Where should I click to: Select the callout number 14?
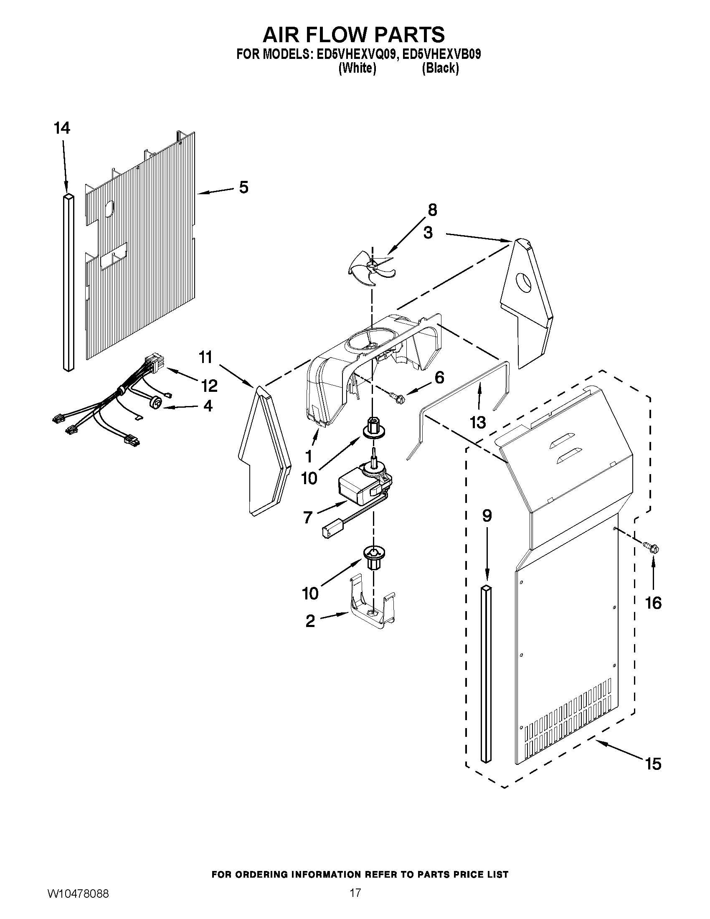coord(62,128)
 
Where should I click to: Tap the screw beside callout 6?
coord(396,395)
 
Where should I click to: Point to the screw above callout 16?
coord(651,548)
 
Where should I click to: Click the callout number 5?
coord(244,188)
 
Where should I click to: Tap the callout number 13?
coord(478,422)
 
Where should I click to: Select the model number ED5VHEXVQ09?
coord(355,55)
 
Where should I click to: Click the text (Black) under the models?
coord(440,69)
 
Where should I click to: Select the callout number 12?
coord(209,385)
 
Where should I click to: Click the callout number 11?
coord(205,357)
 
